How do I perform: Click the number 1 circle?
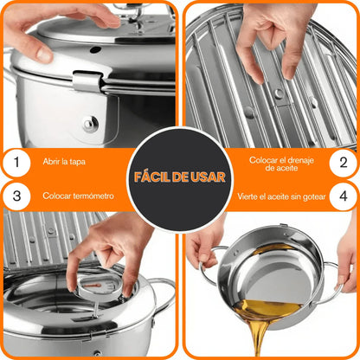(16, 163)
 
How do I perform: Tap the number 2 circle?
(344, 163)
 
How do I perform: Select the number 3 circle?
(16, 196)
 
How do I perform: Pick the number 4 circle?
(344, 196)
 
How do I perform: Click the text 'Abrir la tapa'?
(64, 162)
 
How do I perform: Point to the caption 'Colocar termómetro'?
(78, 196)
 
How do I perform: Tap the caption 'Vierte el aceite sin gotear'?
(281, 196)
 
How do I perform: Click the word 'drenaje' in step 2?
(299, 160)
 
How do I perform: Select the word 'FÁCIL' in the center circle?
(151, 177)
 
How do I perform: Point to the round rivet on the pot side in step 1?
(91, 124)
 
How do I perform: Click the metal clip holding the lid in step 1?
(87, 81)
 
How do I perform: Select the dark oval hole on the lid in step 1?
(95, 49)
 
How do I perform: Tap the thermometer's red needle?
(93, 286)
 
